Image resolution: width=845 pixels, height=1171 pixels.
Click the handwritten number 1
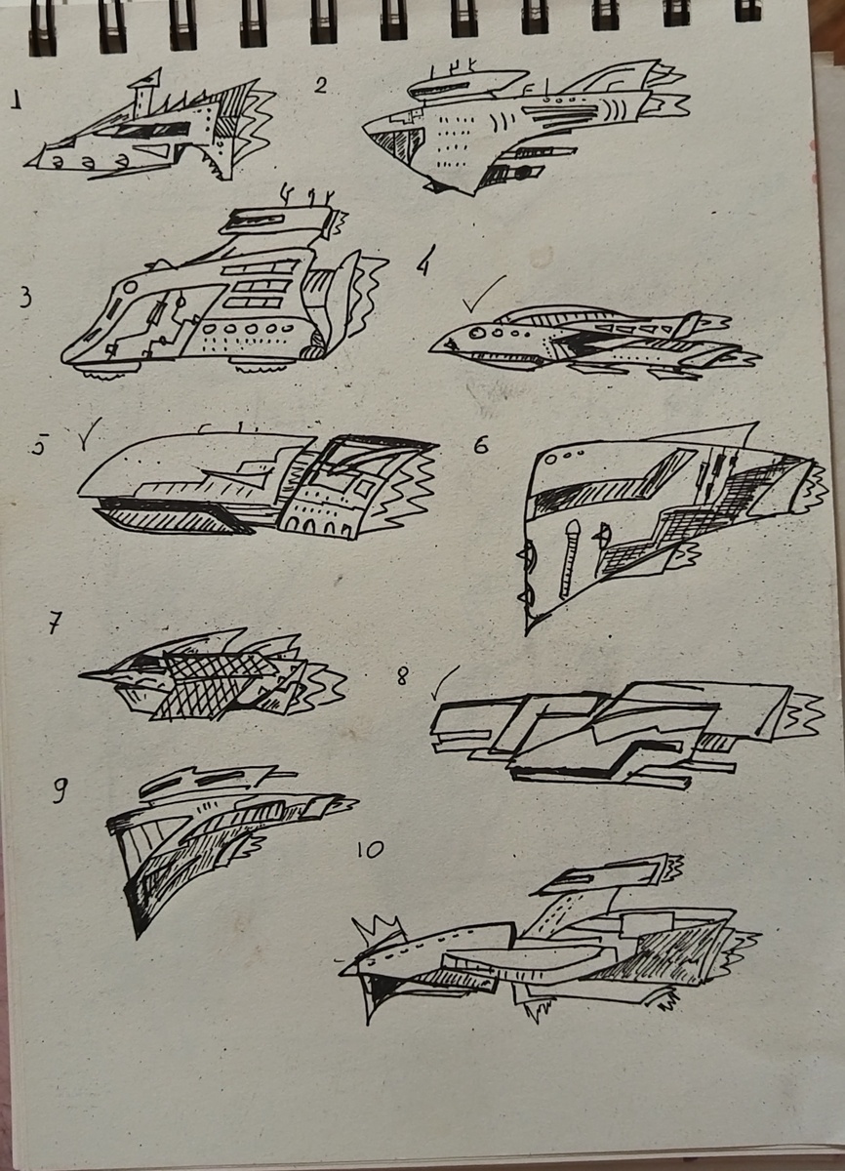18,100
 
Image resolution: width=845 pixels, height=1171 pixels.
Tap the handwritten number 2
321,85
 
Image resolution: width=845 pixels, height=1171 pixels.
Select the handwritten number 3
24,297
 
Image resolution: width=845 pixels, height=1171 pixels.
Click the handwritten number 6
481,444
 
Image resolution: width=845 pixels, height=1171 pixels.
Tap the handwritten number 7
55,623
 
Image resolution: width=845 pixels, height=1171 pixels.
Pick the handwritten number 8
402,678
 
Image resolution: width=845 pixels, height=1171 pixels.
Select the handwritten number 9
60,789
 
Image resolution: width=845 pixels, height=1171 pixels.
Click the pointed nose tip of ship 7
80,675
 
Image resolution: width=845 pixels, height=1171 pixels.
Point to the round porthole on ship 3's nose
129,287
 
